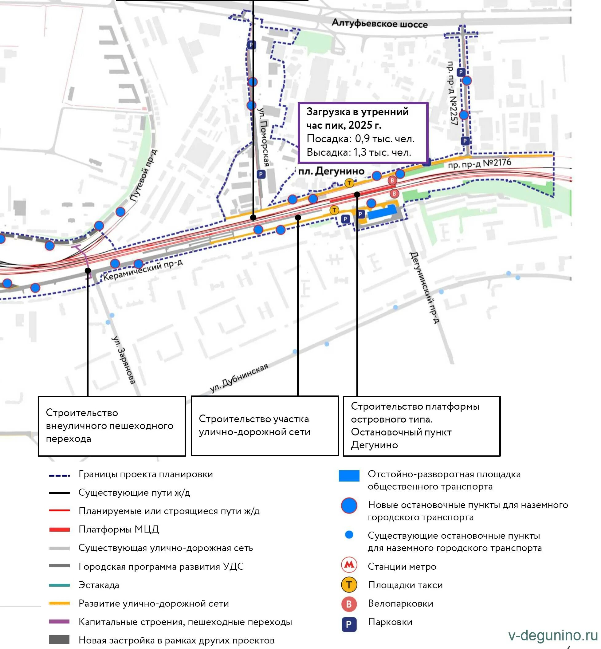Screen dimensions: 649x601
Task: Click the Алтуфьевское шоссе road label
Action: click(x=379, y=23)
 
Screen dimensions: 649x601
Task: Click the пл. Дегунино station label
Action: click(x=331, y=171)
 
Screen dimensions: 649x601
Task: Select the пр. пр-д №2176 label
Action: click(x=479, y=163)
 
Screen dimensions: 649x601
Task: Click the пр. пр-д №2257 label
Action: click(x=452, y=93)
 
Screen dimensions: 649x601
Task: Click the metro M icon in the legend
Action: click(x=349, y=565)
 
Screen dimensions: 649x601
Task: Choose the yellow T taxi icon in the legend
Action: click(x=349, y=584)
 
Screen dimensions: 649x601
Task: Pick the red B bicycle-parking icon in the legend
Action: click(x=349, y=604)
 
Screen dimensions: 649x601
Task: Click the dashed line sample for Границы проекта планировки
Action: click(x=59, y=475)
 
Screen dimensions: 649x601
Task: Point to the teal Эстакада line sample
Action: click(x=59, y=585)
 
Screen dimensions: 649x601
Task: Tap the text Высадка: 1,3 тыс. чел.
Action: click(x=359, y=152)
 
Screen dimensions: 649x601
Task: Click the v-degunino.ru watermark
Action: click(x=553, y=635)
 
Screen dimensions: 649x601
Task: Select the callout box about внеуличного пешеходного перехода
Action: click(x=112, y=426)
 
